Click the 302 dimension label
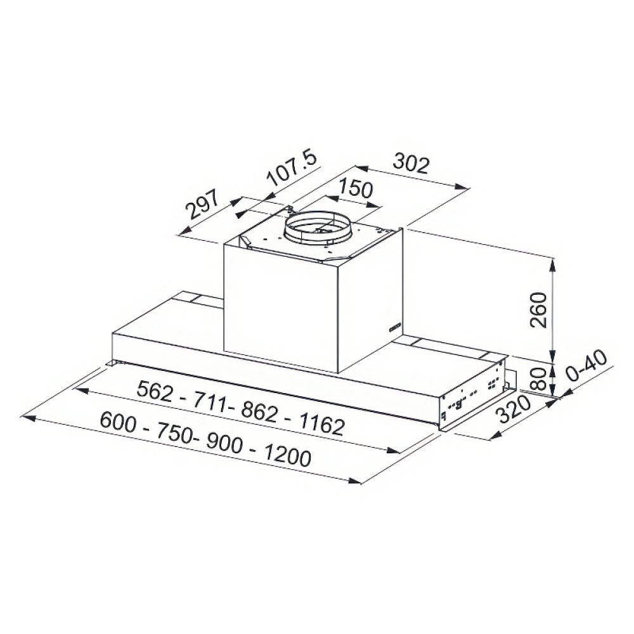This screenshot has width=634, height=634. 411,163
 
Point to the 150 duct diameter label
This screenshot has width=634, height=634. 355,188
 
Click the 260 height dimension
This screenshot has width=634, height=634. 538,310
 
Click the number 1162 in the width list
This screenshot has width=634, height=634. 321,424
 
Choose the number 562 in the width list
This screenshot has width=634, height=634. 155,391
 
